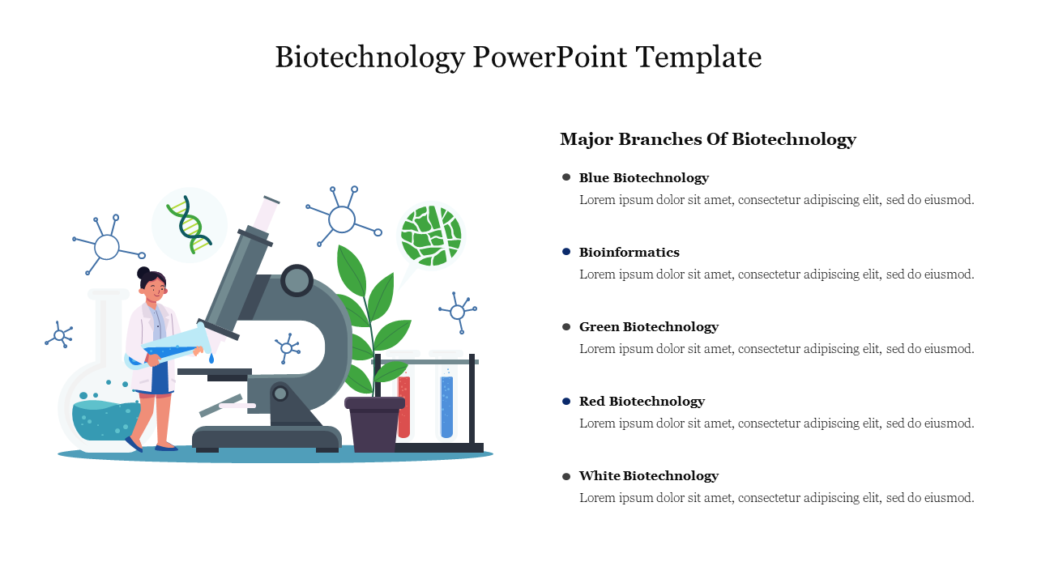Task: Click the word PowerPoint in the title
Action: coord(549,57)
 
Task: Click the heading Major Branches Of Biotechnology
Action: coord(708,139)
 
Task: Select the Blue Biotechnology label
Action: coord(644,177)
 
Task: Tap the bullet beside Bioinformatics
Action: coord(566,252)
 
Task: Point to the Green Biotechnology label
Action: coord(649,326)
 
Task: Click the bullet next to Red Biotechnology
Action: coord(566,401)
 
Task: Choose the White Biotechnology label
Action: coord(649,475)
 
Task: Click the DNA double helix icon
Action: coord(190,224)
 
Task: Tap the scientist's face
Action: coord(154,290)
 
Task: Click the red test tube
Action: coord(403,406)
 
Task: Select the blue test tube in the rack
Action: coord(446,406)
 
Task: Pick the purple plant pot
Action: coord(374,423)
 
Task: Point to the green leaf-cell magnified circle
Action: coord(431,236)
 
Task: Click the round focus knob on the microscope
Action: coord(297,280)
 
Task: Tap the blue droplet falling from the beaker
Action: coord(211,358)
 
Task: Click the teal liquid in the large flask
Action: coord(106,420)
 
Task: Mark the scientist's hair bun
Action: coord(143,273)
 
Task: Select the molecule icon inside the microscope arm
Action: coord(287,348)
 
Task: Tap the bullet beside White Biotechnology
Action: coord(566,476)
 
